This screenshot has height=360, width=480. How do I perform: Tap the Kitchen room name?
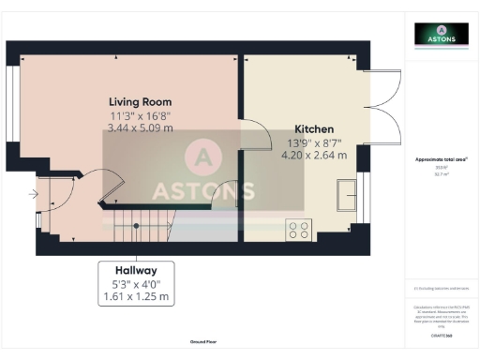[x=314, y=129]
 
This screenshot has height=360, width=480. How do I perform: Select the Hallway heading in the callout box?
[x=137, y=269]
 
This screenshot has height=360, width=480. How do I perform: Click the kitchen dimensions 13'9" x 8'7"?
[x=314, y=143]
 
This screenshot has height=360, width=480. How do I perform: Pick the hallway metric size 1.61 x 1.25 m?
[x=137, y=297]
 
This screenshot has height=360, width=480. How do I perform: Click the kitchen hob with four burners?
[x=300, y=229]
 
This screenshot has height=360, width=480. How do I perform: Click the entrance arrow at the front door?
[x=33, y=195]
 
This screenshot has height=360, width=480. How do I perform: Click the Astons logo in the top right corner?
[x=442, y=35]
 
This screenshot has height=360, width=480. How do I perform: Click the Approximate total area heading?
[x=441, y=159]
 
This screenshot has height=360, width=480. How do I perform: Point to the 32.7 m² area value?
[x=442, y=173]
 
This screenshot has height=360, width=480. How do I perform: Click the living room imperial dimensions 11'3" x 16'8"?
[x=142, y=115]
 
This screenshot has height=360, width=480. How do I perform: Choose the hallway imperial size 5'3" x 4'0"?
[x=137, y=283]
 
